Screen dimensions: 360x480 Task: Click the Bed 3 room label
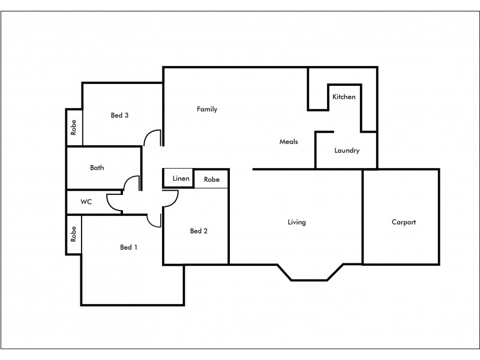pos(119,115)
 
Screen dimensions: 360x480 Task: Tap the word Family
pos(207,109)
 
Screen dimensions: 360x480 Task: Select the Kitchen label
pos(344,97)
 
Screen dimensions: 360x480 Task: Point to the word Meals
pos(289,142)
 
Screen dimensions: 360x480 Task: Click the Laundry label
pos(347,151)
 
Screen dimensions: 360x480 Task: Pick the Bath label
pos(97,167)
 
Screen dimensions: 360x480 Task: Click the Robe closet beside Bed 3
pos(74,127)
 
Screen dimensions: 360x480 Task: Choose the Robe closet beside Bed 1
pos(74,235)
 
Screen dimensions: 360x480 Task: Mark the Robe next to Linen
pos(211,179)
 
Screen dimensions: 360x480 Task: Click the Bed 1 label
pos(129,247)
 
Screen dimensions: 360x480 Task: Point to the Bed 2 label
pos(199,231)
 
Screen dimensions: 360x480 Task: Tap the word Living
pos(296,222)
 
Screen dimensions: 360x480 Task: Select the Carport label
pos(403,222)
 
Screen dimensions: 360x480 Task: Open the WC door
pos(113,203)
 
